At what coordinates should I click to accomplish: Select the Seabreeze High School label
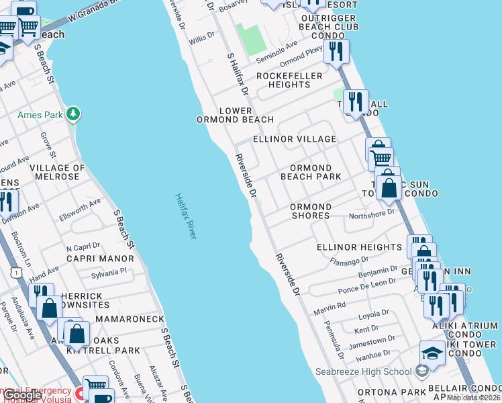(363, 371)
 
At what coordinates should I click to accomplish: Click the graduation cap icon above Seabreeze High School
(432, 353)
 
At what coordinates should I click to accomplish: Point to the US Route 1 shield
(15, 272)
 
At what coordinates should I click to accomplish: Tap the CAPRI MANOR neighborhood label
(99, 259)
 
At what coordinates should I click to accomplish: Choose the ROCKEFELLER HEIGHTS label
(289, 80)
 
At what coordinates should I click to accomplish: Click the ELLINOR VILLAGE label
(294, 139)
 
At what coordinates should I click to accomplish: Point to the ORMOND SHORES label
(310, 211)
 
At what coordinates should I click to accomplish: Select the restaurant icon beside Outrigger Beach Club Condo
(336, 51)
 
